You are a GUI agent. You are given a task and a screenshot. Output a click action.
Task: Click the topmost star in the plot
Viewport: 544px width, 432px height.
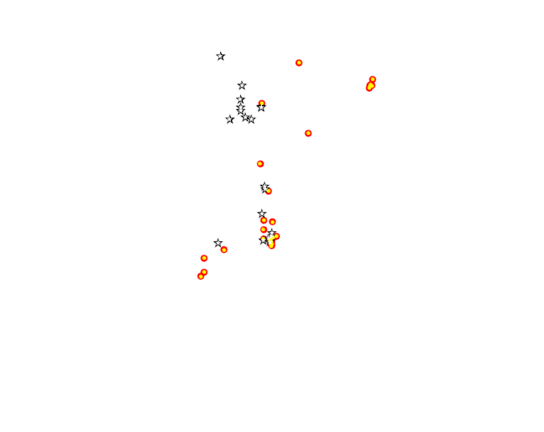click(221, 56)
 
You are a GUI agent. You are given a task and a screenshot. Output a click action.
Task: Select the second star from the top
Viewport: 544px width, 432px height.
click(242, 86)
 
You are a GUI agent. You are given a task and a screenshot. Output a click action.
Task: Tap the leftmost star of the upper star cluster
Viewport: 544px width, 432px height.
click(230, 120)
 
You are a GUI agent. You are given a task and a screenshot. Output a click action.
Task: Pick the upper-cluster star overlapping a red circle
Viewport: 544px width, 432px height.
click(261, 107)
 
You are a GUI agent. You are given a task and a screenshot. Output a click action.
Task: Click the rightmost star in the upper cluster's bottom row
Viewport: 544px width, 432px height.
click(251, 120)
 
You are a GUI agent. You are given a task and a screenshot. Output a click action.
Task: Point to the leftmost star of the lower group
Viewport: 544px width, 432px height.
click(218, 243)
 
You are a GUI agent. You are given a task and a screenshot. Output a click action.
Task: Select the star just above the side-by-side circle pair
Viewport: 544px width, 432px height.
click(262, 214)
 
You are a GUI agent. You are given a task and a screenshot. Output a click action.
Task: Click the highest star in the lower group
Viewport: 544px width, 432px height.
click(265, 187)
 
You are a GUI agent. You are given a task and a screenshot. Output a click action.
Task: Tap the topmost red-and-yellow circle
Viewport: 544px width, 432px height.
click(299, 63)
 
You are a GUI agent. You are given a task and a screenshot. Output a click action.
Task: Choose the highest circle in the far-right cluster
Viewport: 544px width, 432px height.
click(373, 80)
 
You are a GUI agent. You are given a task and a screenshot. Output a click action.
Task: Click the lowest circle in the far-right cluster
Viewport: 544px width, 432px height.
click(370, 88)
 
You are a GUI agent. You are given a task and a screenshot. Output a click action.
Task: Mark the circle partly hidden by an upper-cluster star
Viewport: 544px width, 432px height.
click(262, 104)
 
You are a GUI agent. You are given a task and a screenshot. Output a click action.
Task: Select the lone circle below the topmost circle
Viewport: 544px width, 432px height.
click(308, 134)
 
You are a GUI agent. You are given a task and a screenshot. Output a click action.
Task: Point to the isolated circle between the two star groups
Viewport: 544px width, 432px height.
click(261, 164)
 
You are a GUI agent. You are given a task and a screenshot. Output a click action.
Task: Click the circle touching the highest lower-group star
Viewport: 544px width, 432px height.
click(269, 191)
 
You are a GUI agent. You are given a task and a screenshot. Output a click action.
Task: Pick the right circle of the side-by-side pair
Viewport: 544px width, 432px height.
click(273, 222)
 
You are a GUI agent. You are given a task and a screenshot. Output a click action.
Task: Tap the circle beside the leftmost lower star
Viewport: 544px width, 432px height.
click(224, 250)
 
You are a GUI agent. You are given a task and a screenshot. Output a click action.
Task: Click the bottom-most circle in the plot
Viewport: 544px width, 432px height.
click(201, 276)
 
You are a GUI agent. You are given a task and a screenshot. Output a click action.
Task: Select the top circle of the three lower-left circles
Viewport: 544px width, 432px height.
click(204, 259)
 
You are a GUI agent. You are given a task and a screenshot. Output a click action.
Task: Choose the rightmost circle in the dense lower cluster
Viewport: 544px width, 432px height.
click(277, 237)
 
